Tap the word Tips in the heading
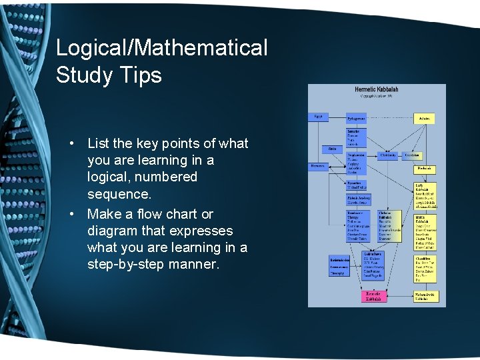click(141, 75)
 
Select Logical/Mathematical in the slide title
click(161, 47)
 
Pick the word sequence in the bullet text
click(119, 195)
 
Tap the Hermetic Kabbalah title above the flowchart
click(377, 89)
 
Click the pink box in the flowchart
click(374, 296)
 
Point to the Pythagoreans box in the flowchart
click(357, 119)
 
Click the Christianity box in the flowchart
click(388, 155)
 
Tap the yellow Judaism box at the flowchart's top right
click(425, 119)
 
